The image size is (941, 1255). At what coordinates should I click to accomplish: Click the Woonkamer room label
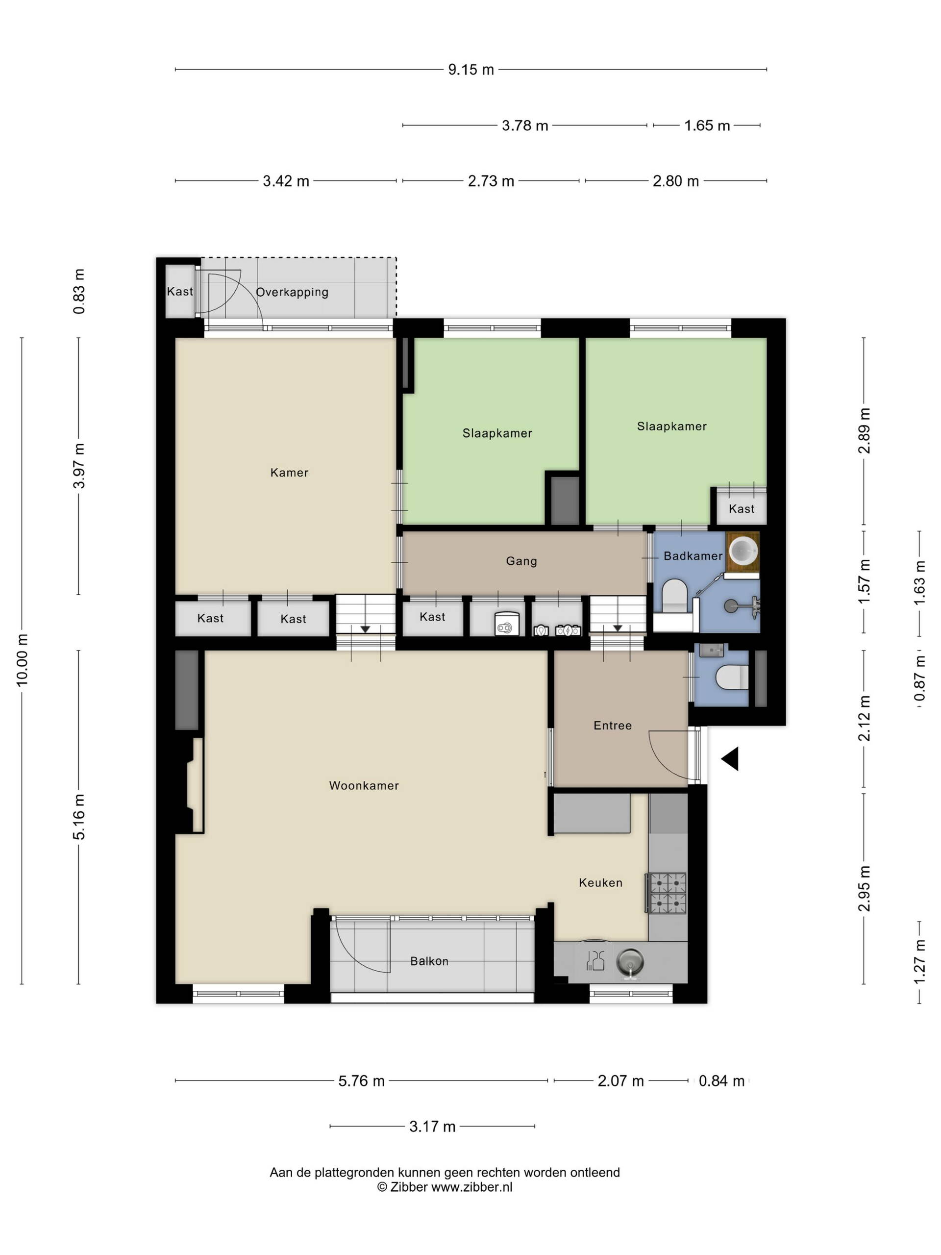[x=364, y=786]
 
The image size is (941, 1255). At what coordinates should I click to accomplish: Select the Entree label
[x=613, y=726]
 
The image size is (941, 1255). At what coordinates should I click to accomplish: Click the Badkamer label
[x=693, y=556]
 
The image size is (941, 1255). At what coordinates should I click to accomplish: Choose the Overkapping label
[x=292, y=293]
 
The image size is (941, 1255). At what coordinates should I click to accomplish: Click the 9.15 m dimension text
[x=471, y=70]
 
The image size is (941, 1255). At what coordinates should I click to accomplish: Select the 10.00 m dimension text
[x=22, y=660]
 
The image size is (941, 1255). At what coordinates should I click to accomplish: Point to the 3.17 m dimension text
[x=432, y=1127]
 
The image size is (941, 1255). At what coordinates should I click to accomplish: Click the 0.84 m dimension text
[x=721, y=1081]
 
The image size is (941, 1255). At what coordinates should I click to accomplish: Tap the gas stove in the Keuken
[x=668, y=894]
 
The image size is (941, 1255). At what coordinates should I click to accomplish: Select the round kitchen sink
[x=631, y=962]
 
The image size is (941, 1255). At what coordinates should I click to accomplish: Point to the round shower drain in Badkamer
[x=731, y=606]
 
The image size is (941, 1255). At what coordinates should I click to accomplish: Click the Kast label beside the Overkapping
[x=180, y=292]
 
